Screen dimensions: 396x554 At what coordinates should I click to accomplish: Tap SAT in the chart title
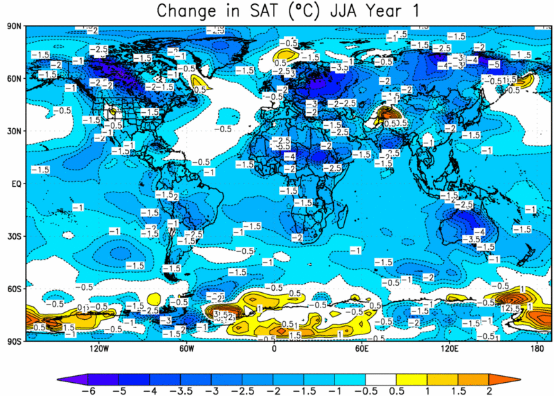pos(255,11)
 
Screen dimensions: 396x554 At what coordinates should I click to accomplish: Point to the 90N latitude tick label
pos(13,26)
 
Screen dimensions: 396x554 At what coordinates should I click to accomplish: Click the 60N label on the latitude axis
pos(13,79)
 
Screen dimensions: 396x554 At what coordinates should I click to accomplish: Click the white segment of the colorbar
pos(378,377)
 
